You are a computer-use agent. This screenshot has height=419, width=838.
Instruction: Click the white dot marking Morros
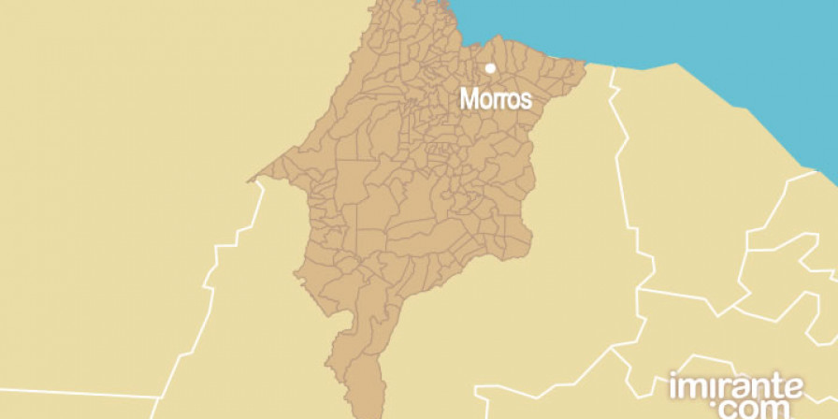tap(490, 68)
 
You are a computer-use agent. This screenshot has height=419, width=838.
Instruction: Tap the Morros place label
tap(496, 98)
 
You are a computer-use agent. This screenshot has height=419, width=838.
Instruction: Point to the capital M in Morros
tap(468, 98)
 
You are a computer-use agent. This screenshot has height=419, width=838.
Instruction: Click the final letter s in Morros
tap(527, 99)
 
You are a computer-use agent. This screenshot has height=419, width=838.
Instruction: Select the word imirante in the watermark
tap(735, 385)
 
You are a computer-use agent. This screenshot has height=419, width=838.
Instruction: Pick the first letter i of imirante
tap(672, 385)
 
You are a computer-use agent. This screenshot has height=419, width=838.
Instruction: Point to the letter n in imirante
tap(758, 387)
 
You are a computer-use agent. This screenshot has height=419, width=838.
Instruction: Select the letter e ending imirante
tap(793, 387)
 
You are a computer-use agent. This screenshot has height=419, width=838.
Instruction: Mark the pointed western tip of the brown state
tap(252, 179)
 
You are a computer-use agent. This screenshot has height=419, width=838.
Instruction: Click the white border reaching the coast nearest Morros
tap(613, 70)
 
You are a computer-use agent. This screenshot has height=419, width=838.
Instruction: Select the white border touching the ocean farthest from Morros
tap(812, 172)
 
